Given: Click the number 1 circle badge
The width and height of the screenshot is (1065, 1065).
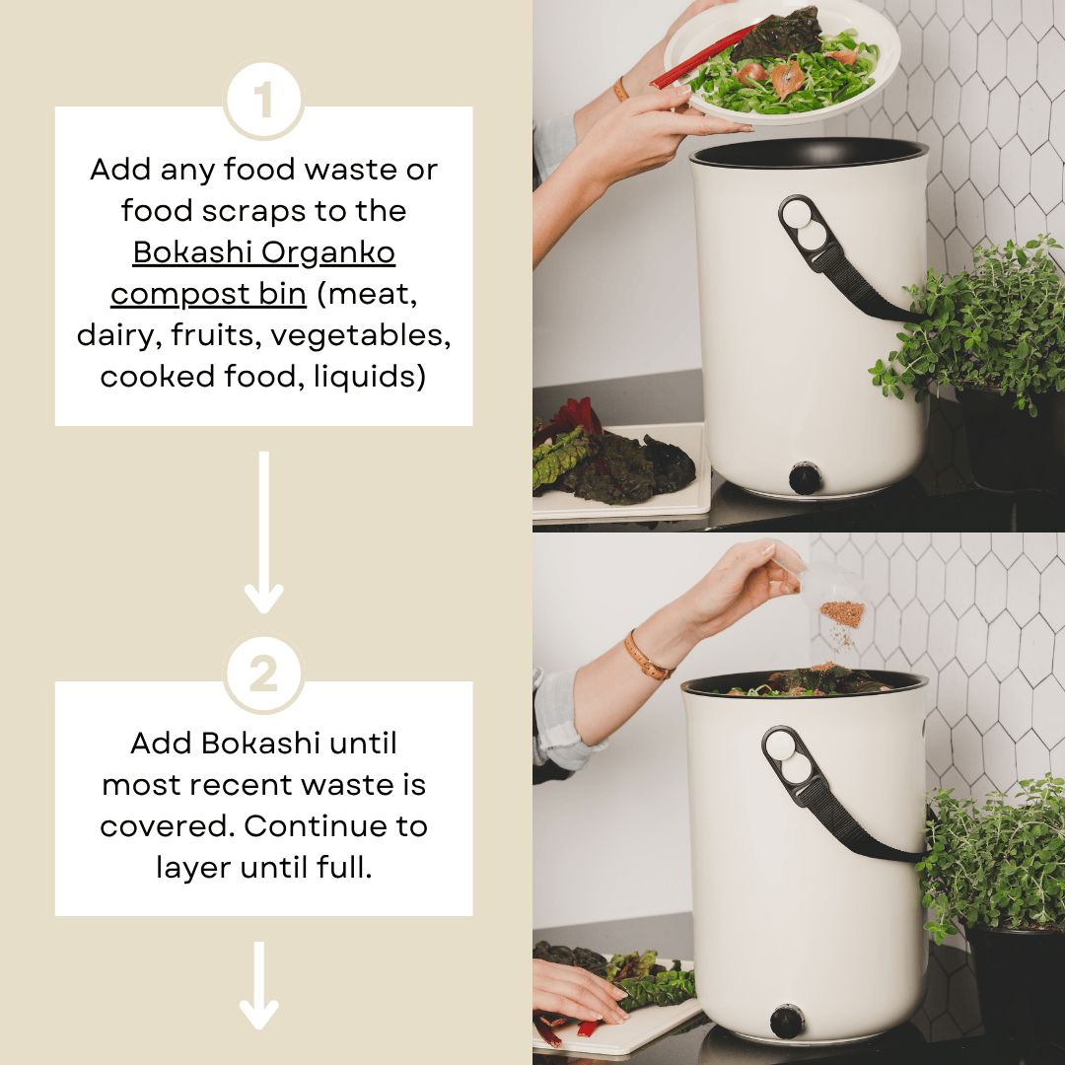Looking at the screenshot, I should pos(263,101).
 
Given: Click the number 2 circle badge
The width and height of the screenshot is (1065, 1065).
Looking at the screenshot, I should pos(263,675).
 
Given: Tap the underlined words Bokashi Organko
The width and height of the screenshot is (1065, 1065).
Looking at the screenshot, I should pos(264,252).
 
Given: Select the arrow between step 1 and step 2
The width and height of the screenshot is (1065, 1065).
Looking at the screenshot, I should pos(263,532).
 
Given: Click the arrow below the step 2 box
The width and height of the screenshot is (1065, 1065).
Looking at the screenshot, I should pos(259,986).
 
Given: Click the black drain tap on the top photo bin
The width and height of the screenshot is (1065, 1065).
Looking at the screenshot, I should pos(805,478).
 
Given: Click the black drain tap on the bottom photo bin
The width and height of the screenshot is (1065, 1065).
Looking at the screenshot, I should pos(786,1022).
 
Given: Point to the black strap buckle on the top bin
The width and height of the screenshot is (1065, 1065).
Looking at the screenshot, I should pos(809,232).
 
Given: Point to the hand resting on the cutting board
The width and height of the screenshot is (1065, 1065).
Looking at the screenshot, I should pos(577,991).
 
